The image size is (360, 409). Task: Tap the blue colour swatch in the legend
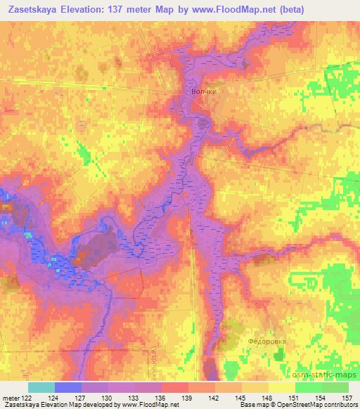click(x=68, y=387)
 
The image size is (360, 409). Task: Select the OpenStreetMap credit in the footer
click(x=302, y=405)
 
